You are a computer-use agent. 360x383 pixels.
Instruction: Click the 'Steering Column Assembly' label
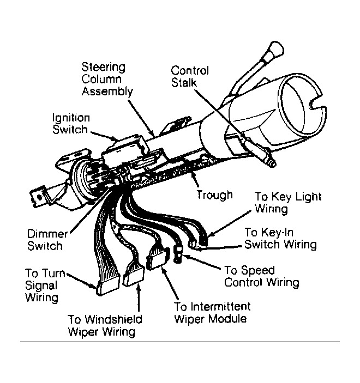[x=107, y=79]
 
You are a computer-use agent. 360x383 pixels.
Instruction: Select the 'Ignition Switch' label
[x=70, y=124]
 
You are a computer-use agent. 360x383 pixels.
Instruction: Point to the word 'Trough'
[x=214, y=194]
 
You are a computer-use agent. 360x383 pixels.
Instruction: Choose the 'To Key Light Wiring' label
[x=287, y=202]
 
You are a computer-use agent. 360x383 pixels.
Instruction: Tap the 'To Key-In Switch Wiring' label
[x=280, y=238]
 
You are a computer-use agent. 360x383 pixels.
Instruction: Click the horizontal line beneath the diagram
[x=180, y=342]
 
